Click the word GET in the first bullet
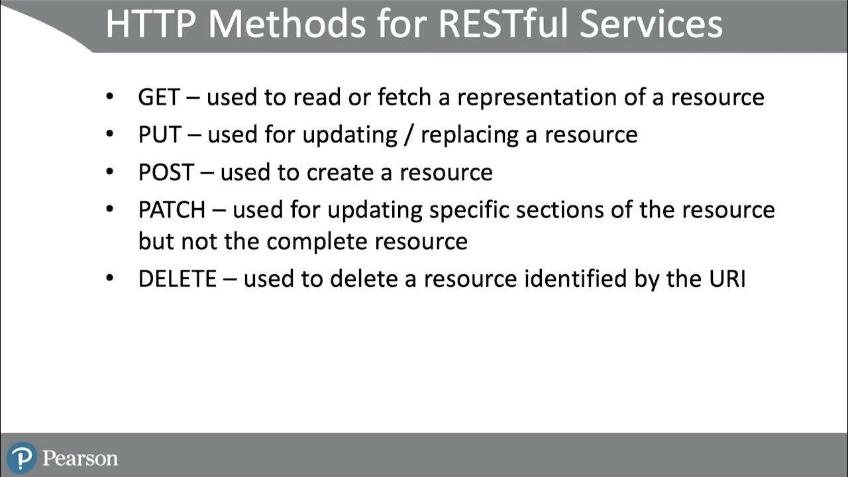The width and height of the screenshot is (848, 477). point(158,97)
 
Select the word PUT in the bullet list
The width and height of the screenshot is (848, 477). point(159,135)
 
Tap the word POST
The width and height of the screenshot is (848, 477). point(166,173)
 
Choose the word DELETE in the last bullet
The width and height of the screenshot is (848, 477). point(177,279)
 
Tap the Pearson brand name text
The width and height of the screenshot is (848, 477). point(80,458)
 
